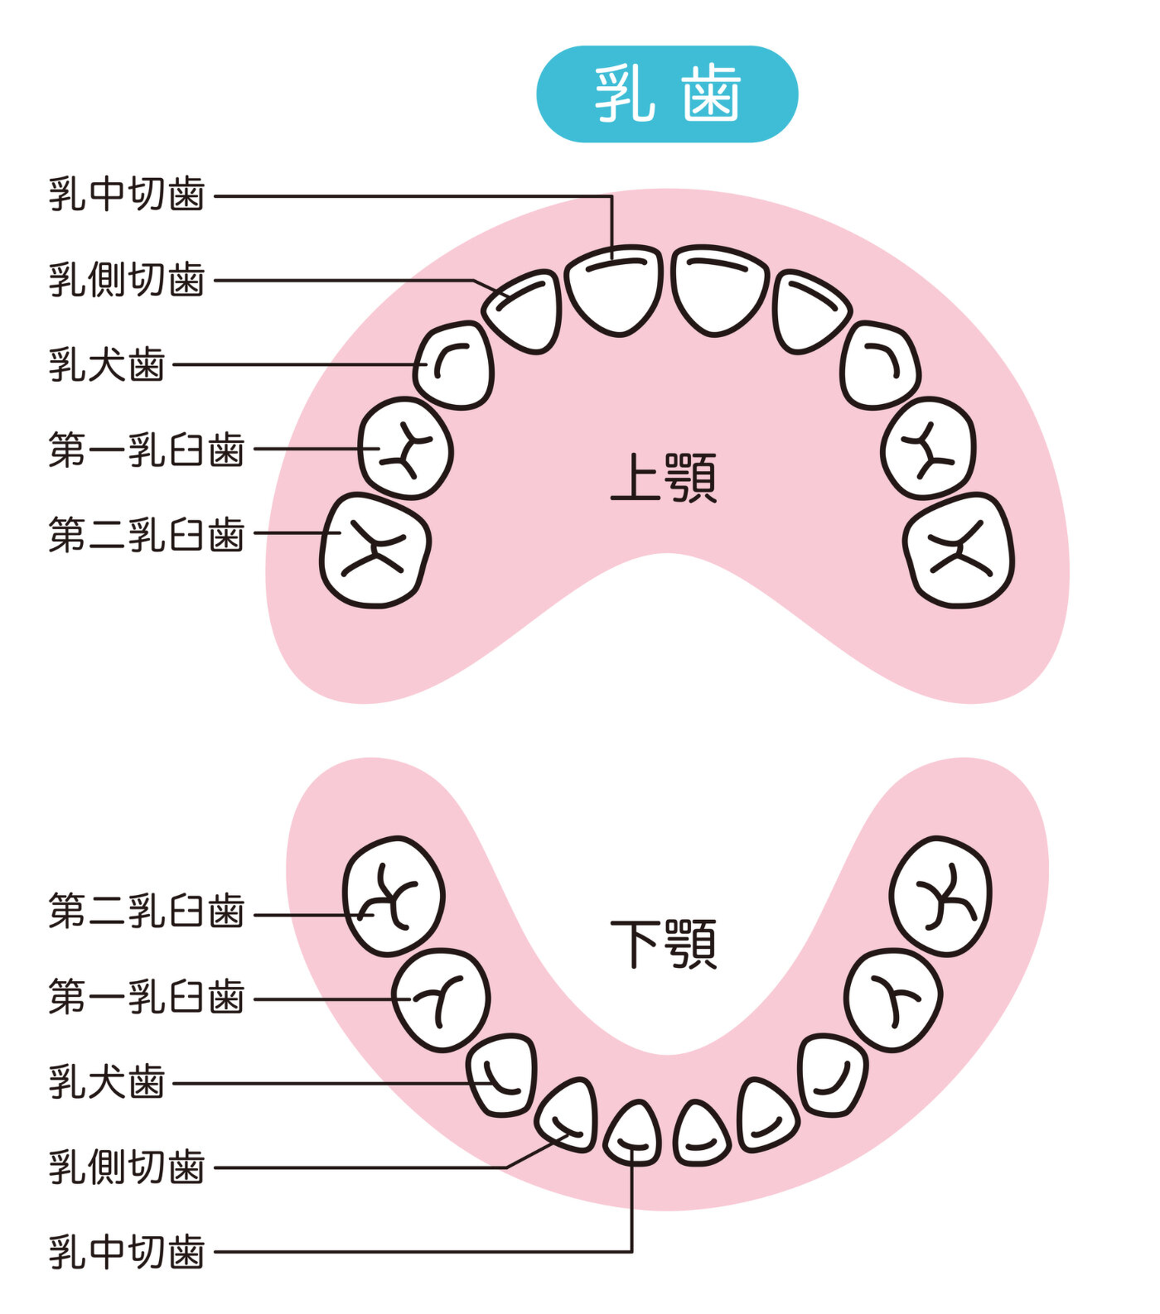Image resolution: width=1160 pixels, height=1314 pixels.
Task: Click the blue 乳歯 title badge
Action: pos(667,94)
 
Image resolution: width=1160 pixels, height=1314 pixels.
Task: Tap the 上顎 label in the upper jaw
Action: pos(663,478)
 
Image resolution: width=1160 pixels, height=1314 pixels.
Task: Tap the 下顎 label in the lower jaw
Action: pos(663,943)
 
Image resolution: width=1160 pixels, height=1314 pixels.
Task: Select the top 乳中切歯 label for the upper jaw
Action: pos(127,195)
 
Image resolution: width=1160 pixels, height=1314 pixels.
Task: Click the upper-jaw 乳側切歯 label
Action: pos(127,280)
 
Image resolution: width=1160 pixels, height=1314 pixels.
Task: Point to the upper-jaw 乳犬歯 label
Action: pos(107,364)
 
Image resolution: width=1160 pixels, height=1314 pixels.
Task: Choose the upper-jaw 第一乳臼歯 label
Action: pos(147,450)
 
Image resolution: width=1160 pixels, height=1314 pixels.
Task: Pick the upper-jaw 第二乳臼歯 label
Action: pos(147,534)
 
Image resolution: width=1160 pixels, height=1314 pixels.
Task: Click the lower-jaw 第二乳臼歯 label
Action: pos(147,912)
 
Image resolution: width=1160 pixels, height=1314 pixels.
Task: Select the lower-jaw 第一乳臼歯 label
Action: pos(147,997)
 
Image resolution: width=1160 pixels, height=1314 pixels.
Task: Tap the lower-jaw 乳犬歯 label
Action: pos(107,1081)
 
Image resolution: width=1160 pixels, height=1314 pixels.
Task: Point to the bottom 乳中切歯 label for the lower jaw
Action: pos(127,1251)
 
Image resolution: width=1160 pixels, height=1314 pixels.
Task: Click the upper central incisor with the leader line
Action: pos(614,291)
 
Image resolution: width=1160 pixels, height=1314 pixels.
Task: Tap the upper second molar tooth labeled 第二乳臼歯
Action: pos(375,550)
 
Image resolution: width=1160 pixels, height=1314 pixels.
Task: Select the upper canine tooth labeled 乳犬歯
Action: pos(454,365)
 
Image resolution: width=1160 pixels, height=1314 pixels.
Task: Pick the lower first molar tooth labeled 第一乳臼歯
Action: pos(441,1000)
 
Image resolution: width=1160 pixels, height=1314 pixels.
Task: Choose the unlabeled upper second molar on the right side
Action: pos(959,550)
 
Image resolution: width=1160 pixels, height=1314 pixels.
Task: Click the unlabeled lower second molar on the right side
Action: pos(940,896)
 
